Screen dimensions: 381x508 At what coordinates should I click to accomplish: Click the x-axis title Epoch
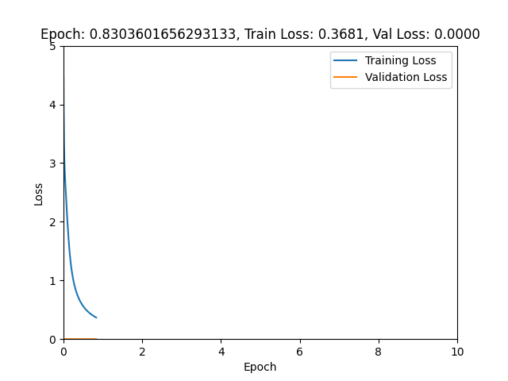coord(260,367)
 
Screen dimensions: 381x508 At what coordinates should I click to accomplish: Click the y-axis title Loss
coord(39,193)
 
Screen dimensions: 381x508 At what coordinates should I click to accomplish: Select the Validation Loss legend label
coord(406,77)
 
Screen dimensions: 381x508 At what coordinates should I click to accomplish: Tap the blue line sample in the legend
coord(347,60)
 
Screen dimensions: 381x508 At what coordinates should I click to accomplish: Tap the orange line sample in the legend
coord(347,77)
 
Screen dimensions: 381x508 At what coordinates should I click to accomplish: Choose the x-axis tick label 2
coord(142,352)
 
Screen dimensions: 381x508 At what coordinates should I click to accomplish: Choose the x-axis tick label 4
coord(221,352)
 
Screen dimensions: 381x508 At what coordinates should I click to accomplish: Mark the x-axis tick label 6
coord(299,352)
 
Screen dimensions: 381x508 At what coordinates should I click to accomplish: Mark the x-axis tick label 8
coord(378,352)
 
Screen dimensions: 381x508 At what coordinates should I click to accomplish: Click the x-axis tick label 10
coord(457,352)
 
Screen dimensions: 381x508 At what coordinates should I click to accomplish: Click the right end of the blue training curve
coord(96,317)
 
